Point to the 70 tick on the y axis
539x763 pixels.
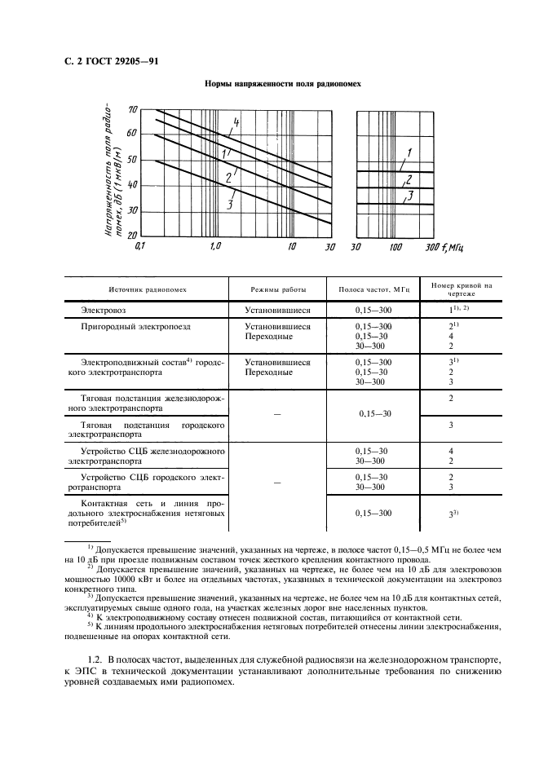pos(133,109)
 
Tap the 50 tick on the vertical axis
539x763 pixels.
pos(133,160)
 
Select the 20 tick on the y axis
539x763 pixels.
pos(133,235)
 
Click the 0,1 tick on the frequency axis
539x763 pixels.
pos(139,245)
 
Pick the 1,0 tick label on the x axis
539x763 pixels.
pos(215,245)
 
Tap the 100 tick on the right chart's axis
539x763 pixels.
pos(395,245)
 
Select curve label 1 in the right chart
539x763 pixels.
pos(410,152)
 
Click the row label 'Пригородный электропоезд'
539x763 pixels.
pos(133,326)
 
